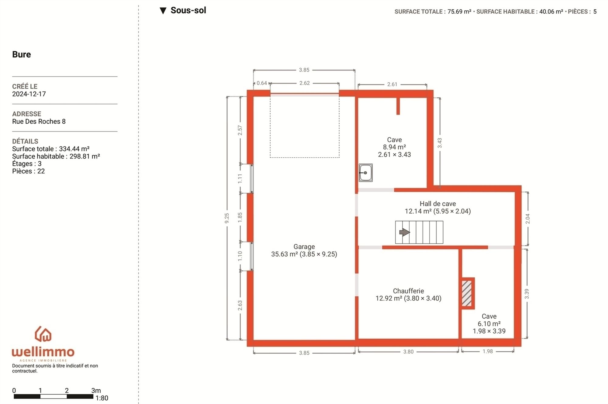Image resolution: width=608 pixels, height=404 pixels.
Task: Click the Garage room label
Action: coord(304,247)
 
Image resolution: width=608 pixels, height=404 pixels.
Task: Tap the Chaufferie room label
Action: coord(408,291)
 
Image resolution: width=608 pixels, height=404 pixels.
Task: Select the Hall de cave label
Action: coord(438,204)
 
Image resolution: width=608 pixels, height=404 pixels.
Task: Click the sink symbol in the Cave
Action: coord(365,173)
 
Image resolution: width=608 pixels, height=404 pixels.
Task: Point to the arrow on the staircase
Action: coord(404,232)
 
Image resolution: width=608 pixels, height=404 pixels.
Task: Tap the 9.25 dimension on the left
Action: coord(227,218)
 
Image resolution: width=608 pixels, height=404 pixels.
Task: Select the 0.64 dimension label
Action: coord(262,83)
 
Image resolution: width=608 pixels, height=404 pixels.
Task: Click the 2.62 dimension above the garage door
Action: coord(305,83)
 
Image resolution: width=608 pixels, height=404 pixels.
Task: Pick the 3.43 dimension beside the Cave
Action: coord(440,143)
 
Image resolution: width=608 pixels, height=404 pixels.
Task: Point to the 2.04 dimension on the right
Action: coord(527,219)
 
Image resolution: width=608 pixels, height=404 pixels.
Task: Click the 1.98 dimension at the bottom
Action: coord(488,351)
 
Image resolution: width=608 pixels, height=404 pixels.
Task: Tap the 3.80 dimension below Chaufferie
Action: coord(408,352)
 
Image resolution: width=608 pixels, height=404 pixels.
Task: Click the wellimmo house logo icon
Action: coord(43,334)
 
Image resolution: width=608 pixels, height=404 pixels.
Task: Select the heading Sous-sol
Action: coord(188,10)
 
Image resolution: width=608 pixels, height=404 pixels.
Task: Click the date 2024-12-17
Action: coord(29,94)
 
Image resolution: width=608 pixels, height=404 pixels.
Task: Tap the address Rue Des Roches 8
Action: coord(39,122)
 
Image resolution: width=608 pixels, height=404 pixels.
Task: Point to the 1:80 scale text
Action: coord(102,398)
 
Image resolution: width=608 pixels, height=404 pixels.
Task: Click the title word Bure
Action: coord(22,54)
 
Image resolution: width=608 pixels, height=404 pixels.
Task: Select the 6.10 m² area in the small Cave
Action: coord(489,324)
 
